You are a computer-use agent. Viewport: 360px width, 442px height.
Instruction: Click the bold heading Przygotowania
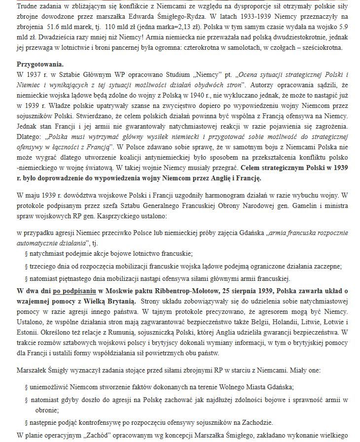pyautogui.click(x=39, y=65)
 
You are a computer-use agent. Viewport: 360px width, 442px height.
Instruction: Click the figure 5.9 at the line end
pyautogui.click(x=350, y=28)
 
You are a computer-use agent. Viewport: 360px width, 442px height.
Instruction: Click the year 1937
pyautogui.click(x=32, y=74)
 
